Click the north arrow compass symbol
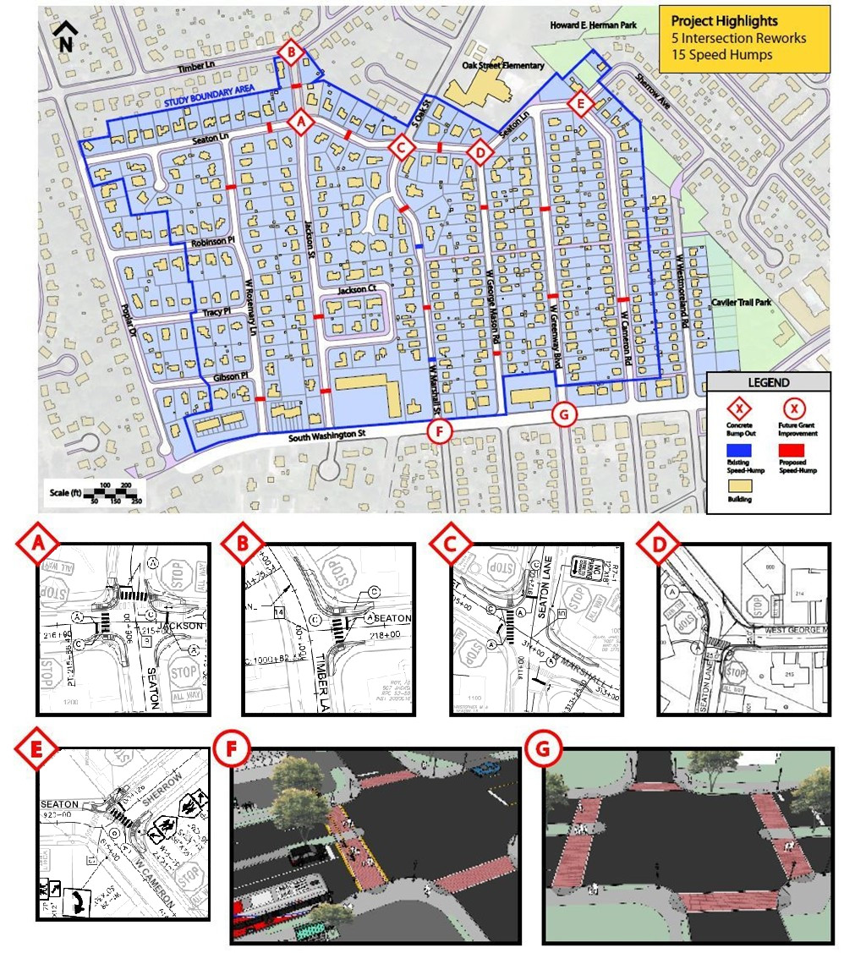pos(63,37)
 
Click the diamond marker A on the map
pos(298,123)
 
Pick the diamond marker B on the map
pos(290,53)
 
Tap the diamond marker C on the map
pos(402,149)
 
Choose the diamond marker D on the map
pos(480,152)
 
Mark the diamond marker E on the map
pos(579,105)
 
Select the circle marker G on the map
pos(563,414)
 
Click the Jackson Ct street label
pos(355,290)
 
